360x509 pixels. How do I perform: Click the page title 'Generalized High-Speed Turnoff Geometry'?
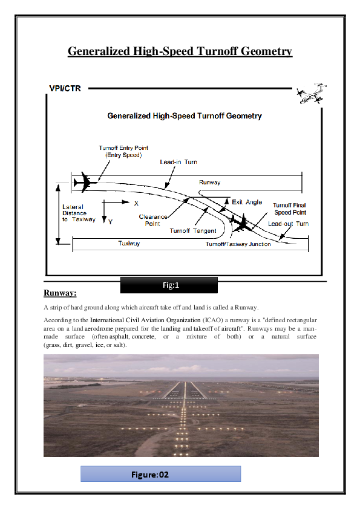pyautogui.click(x=180, y=51)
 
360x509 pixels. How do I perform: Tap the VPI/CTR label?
pyautogui.click(x=65, y=89)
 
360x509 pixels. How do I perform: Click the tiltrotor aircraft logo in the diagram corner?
pyautogui.click(x=311, y=94)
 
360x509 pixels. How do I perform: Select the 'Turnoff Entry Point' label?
pyautogui.click(x=123, y=151)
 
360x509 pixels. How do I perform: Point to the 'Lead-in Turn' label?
pyautogui.click(x=178, y=162)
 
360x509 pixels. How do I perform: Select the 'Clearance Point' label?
pyautogui.click(x=154, y=219)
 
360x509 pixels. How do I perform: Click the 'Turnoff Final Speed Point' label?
pyautogui.click(x=289, y=209)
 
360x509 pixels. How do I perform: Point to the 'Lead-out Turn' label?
pyautogui.click(x=289, y=224)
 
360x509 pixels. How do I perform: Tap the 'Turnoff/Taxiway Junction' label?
pyautogui.click(x=238, y=244)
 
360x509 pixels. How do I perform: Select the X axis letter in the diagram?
pyautogui.click(x=136, y=203)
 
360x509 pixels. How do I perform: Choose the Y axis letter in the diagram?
pyautogui.click(x=110, y=222)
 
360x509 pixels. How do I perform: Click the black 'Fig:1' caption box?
pyautogui.click(x=169, y=285)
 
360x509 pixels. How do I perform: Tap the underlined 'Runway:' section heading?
pyautogui.click(x=60, y=294)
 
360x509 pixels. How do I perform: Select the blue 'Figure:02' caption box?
pyautogui.click(x=160, y=474)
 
